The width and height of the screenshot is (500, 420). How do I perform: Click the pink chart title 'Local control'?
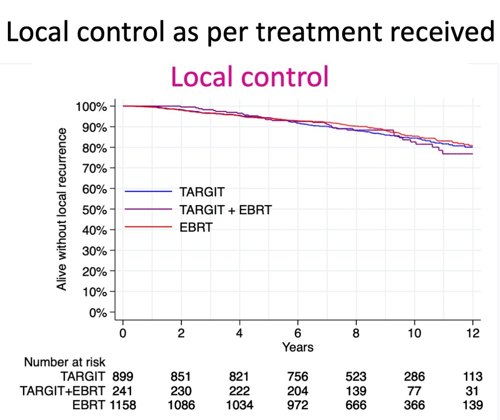pos(250,76)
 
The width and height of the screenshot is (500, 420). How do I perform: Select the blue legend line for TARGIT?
pos(148,191)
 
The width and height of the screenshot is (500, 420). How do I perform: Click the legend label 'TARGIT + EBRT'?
pos(225,210)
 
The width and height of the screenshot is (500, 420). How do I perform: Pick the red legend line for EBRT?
pos(148,226)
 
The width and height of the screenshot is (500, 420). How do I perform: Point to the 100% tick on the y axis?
pos(91,106)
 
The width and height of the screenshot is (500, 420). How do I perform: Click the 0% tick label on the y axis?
pos(98,312)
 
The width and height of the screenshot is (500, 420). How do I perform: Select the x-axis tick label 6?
pos(297,333)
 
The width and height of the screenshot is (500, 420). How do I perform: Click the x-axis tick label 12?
pos(472,333)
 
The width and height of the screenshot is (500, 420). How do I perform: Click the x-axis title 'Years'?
pos(297,347)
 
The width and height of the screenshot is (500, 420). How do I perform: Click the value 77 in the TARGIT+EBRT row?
pos(414,391)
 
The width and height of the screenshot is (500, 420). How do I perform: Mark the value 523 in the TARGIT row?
pos(356,377)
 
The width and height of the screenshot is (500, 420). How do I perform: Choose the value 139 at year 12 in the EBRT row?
pos(472,405)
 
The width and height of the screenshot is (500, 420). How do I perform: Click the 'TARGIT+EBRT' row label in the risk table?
pos(62,391)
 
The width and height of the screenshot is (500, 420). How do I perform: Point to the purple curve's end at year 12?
pos(472,154)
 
